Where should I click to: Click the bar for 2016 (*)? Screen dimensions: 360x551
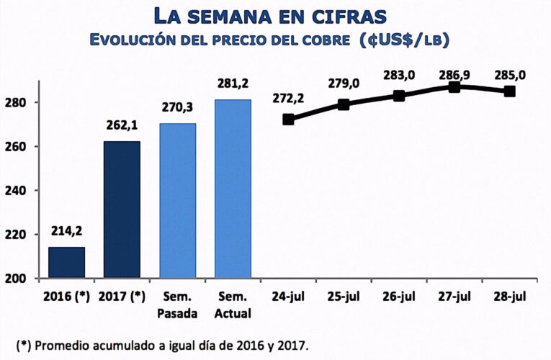click(66, 262)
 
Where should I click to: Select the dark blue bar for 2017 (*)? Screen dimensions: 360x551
click(122, 209)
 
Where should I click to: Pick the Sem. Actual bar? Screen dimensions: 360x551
click(233, 188)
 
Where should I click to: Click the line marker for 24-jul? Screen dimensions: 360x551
click(288, 120)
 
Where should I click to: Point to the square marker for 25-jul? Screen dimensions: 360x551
click(344, 104)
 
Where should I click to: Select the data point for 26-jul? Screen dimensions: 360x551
click(399, 96)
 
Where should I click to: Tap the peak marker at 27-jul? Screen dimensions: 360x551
click(454, 87)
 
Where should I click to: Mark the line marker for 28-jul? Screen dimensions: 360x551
click(509, 91)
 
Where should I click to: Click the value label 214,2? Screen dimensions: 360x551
click(66, 231)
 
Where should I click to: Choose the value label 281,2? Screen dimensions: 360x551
click(233, 84)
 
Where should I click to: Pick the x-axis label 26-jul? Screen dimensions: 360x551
click(399, 297)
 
